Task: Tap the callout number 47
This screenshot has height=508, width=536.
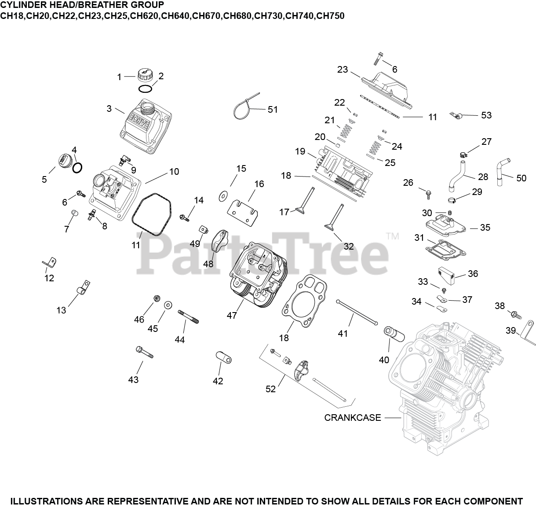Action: click(x=232, y=316)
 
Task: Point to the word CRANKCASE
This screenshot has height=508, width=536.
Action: click(x=353, y=418)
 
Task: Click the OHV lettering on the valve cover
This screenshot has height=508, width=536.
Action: click(x=141, y=121)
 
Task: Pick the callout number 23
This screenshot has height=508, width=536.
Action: click(x=343, y=70)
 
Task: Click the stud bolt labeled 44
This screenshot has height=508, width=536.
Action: click(x=188, y=317)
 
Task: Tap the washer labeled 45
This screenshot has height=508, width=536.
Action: click(x=168, y=305)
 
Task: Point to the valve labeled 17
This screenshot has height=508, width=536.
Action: click(x=305, y=202)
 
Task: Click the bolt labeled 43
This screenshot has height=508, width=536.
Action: click(x=145, y=352)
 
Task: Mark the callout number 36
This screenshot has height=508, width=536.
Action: click(x=473, y=273)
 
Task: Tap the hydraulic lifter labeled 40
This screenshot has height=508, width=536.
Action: click(x=394, y=334)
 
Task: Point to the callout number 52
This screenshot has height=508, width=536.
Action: click(x=270, y=389)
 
